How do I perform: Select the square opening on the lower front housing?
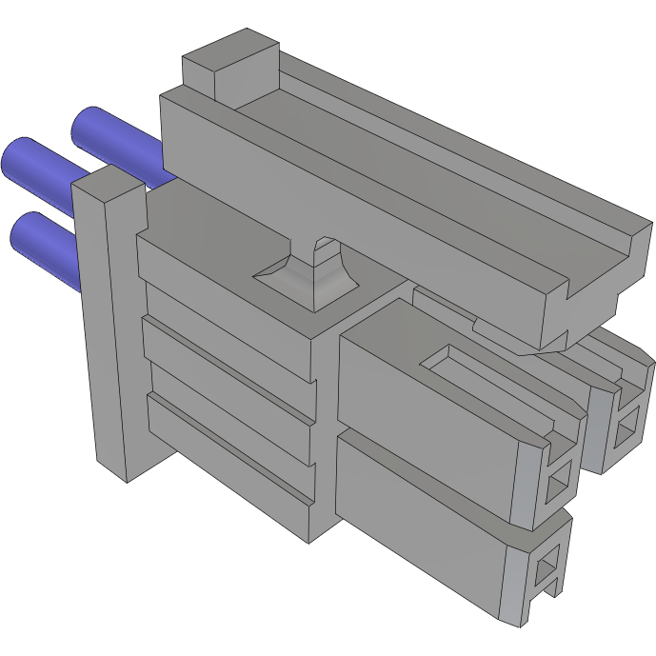click(545, 570)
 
